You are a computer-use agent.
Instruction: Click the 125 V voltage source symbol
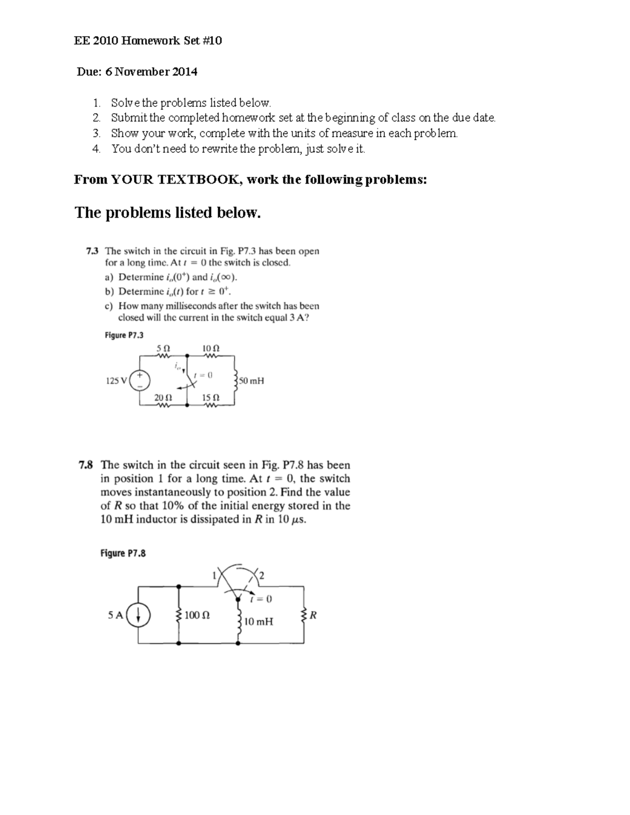[140, 380]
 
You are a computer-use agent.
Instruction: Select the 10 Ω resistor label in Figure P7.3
[211, 348]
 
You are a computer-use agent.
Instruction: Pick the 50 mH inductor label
[251, 381]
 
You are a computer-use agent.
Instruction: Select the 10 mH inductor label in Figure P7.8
[259, 622]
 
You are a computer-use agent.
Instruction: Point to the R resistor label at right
[313, 615]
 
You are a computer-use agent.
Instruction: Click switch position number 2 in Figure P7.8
[261, 576]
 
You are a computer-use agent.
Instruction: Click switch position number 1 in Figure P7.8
[214, 576]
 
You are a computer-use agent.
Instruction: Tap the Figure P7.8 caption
[122, 553]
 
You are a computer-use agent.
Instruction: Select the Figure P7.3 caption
[124, 335]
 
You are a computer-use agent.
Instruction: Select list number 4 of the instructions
[96, 149]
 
